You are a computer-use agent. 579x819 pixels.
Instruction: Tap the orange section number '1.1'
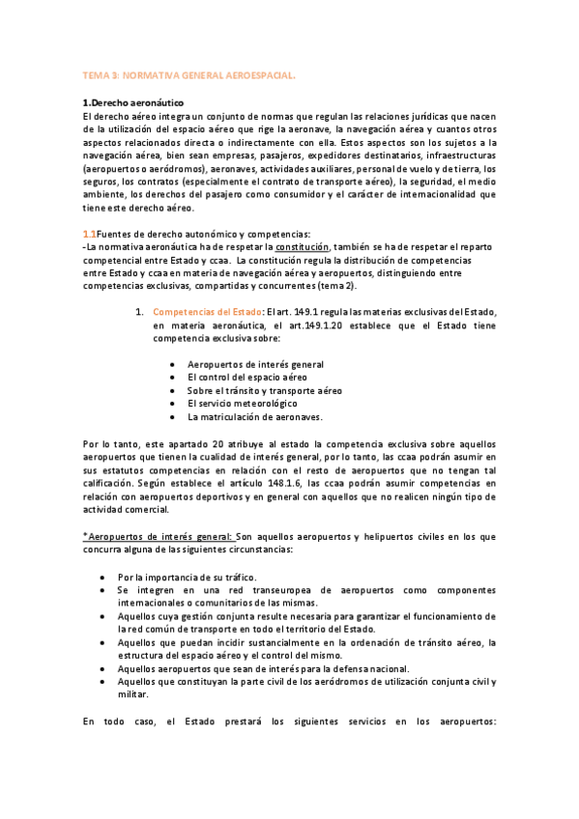pos(89,234)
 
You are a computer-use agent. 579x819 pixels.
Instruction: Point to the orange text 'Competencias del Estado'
pos(208,311)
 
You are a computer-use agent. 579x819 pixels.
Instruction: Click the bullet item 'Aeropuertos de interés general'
pos(255,364)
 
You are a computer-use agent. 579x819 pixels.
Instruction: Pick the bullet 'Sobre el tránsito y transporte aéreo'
pos(265,390)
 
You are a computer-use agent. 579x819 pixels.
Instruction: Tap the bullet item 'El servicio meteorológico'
pos(243,404)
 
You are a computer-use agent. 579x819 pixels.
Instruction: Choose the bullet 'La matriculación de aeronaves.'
pos(254,417)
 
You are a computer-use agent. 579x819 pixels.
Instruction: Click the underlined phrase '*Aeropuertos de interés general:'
pos(158,536)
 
